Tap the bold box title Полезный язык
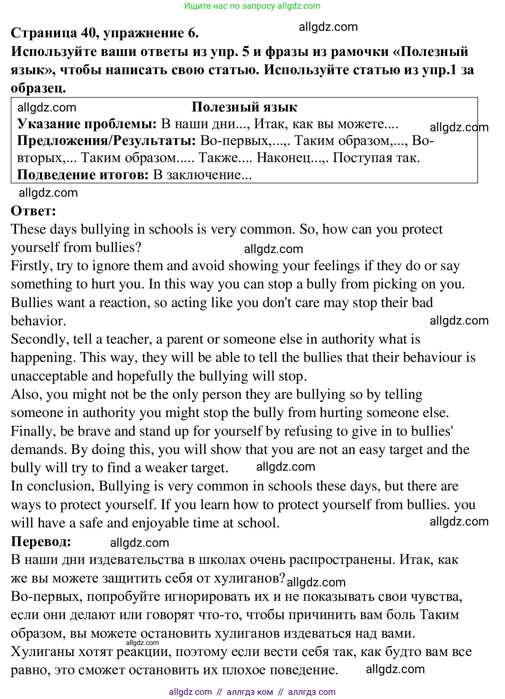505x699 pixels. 244,107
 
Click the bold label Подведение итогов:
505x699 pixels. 83,175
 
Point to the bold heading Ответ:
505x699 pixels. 33,211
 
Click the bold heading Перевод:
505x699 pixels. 41,541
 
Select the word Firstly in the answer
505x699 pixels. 32,266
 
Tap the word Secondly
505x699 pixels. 40,339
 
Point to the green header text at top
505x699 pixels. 252,6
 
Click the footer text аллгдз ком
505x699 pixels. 250,692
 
